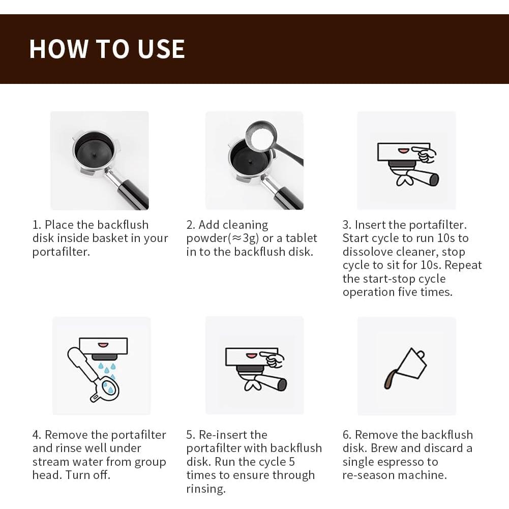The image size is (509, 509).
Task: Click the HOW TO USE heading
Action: click(x=107, y=49)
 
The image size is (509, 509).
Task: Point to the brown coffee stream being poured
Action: click(x=389, y=379)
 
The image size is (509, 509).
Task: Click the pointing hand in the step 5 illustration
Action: click(x=274, y=359)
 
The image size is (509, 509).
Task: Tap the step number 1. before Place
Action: click(x=37, y=225)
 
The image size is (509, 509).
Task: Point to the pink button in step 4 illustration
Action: click(x=103, y=345)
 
